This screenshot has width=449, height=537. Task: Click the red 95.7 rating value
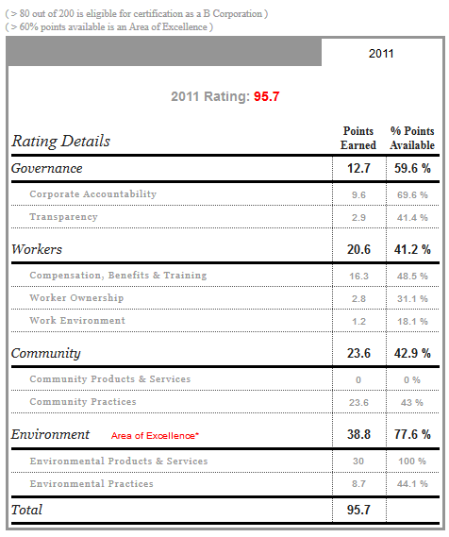(x=267, y=96)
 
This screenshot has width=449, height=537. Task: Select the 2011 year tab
(x=381, y=54)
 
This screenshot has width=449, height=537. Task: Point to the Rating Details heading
(x=61, y=142)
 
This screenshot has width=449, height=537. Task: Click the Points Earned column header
(x=358, y=138)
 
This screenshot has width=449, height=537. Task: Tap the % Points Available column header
(x=412, y=138)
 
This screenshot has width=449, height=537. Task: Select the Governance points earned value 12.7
(x=358, y=168)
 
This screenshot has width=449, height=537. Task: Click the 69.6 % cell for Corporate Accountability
(x=412, y=194)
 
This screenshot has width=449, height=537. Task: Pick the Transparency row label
(x=63, y=217)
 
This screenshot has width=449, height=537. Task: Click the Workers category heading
(x=37, y=249)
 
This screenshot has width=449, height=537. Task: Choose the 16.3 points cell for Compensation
(x=358, y=276)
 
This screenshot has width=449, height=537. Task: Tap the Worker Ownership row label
(x=76, y=297)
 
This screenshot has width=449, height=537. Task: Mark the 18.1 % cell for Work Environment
(x=412, y=321)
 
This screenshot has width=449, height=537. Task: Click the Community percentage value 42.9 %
(x=412, y=353)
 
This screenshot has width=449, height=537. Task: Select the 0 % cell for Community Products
(x=412, y=379)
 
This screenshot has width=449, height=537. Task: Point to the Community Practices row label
(x=83, y=401)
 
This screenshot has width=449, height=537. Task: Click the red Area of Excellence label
(x=155, y=436)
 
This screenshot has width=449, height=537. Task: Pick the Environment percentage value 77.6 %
(x=412, y=434)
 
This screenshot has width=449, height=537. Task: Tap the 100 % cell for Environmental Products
(x=412, y=461)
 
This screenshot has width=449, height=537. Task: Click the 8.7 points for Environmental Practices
(x=358, y=483)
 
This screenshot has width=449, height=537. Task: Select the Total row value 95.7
(x=358, y=510)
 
